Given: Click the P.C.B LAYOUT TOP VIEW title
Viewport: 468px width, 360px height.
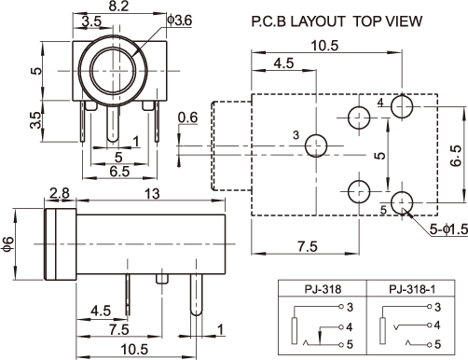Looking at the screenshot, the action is point(337,21).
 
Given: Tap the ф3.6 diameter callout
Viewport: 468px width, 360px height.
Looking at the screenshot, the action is point(180,21).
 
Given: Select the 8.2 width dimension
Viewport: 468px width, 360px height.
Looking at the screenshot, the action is point(118,6).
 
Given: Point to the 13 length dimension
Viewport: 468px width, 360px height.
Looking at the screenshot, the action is point(152,194).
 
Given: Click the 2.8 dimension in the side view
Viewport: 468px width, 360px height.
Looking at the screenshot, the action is point(60,193).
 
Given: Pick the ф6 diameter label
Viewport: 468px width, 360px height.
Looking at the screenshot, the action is point(8,244).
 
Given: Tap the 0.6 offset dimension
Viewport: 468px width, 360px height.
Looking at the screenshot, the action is point(187,118).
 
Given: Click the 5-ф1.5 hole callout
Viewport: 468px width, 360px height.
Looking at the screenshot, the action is point(448,229).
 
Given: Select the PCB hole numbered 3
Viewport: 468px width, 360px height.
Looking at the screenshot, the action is point(316,145).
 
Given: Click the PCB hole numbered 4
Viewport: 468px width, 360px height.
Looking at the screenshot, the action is point(402,106).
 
